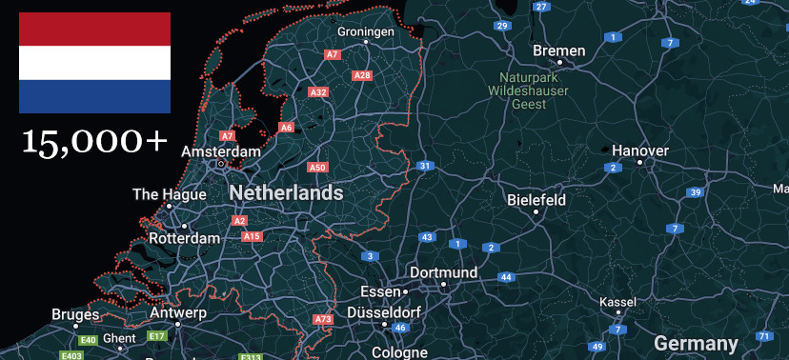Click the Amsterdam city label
click(x=220, y=151)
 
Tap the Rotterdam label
click(x=184, y=238)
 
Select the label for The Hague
click(x=169, y=194)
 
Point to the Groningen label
click(x=365, y=31)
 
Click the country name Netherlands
click(x=286, y=192)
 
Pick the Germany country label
click(x=696, y=344)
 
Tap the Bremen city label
click(x=559, y=50)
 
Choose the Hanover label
click(x=640, y=150)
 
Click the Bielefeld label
click(x=536, y=200)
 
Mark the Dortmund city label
click(x=443, y=272)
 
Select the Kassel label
click(x=617, y=302)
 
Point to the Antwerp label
click(x=178, y=312)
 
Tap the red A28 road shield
click(x=362, y=75)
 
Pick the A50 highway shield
click(x=317, y=168)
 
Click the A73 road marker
click(x=323, y=319)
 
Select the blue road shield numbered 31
click(x=424, y=166)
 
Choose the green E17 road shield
click(x=157, y=336)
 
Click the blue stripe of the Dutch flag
click(x=94, y=96)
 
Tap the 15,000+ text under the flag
click(x=94, y=141)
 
